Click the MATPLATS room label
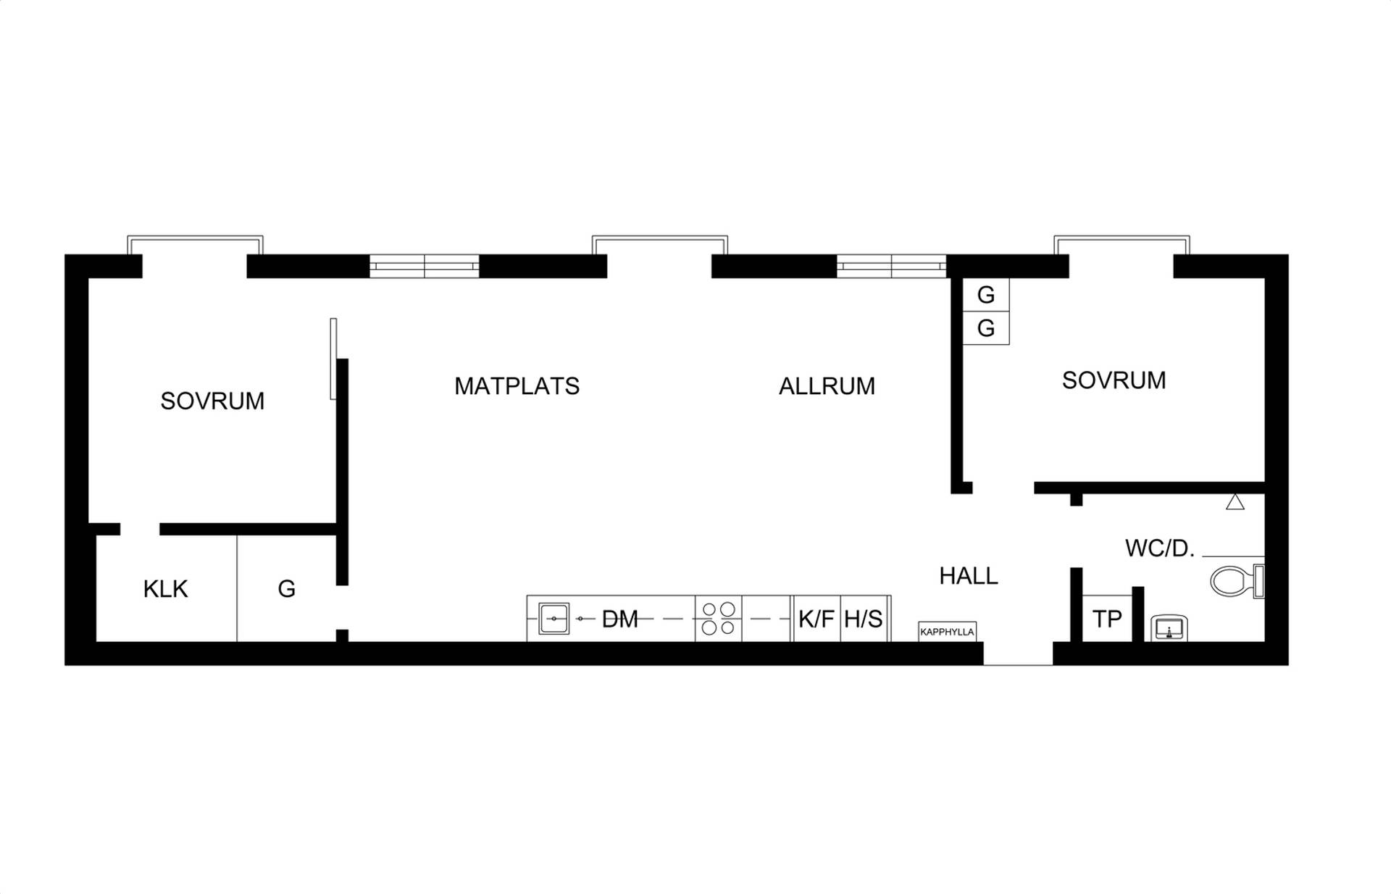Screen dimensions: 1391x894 tap(517, 386)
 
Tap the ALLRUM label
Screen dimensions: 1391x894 tap(827, 386)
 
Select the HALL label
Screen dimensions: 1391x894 tap(969, 576)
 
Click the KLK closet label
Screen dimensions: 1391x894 tap(165, 589)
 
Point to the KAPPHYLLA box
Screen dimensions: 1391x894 tap(947, 632)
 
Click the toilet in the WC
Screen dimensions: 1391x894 tap(1237, 581)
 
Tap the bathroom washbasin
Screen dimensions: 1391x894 tap(1169, 628)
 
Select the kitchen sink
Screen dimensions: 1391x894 tap(554, 619)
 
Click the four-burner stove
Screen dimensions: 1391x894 tap(718, 619)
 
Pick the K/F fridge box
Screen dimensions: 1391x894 tap(816, 619)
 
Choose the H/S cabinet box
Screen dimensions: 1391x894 tap(864, 619)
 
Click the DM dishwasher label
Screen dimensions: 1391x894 tap(620, 619)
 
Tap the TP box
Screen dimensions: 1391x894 tap(1107, 619)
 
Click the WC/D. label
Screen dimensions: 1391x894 tap(1159, 548)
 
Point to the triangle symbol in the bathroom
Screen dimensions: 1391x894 tap(1235, 501)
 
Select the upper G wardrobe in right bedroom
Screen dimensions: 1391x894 tap(986, 295)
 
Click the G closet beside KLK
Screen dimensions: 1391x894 tap(287, 589)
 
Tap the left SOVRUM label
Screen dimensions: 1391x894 tap(212, 401)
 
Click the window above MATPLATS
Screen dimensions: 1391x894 tap(425, 266)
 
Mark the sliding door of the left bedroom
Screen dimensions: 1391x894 tap(333, 359)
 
